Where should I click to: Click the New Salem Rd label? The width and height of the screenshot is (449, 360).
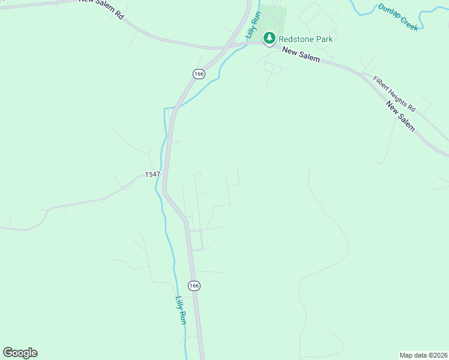coord(101,9)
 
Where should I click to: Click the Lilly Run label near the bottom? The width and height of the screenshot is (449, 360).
coord(181,310)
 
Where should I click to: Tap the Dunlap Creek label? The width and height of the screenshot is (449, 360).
coord(397,17)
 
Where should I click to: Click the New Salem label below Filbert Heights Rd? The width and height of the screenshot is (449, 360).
coord(400,116)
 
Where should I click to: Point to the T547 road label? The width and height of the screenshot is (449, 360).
coord(152,175)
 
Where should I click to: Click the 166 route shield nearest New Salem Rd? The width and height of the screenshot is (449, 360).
coord(199,74)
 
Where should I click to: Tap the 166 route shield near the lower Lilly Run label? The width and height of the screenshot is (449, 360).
coord(193,286)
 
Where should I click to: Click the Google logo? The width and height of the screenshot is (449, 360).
coord(20,353)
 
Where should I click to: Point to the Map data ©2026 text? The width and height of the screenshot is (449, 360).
coord(423,355)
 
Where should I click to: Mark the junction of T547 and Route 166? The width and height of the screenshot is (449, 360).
coord(166,175)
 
